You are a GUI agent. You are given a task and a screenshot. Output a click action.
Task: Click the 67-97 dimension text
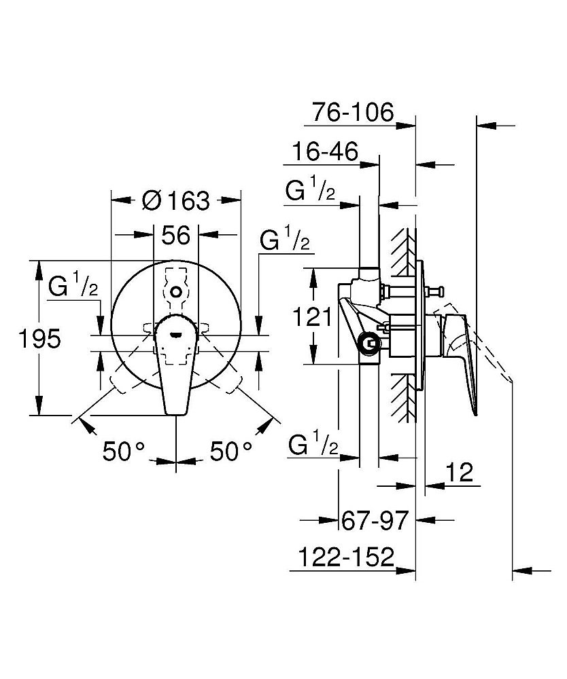point(375,521)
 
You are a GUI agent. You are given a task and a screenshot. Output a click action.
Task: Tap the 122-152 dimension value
point(346,557)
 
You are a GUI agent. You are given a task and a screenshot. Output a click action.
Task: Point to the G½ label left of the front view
point(73,287)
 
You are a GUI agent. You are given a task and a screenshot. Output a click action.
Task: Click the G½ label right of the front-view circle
point(285,241)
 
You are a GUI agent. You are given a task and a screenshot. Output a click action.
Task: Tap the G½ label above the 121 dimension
point(311,191)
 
